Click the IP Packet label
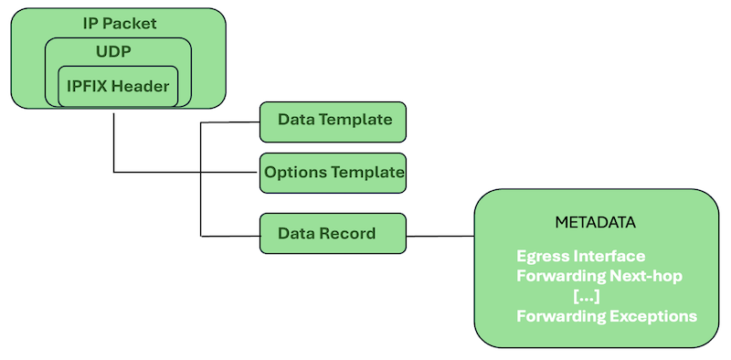coord(118,22)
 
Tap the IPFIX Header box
coord(118,86)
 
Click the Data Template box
coord(334,121)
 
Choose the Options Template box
coord(334,172)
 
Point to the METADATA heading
coord(595,223)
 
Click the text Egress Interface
coord(580,256)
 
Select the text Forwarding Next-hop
coord(599,276)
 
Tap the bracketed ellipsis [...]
coord(586,296)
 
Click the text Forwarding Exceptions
coord(607,317)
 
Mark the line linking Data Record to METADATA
coord(440,236)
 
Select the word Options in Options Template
coord(294,172)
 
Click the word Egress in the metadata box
coord(542,256)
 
